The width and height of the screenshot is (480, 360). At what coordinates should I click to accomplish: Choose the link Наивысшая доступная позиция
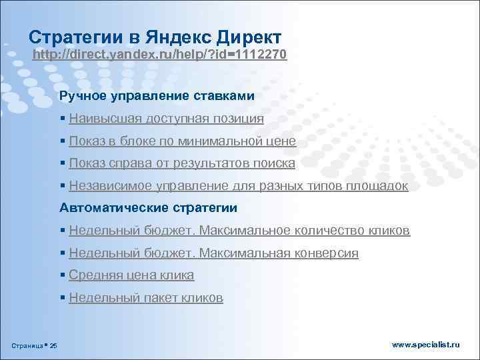[x=166, y=119]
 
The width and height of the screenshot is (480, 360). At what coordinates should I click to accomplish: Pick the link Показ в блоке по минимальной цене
[x=182, y=141]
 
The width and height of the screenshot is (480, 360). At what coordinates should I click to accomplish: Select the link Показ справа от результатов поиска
[x=181, y=163]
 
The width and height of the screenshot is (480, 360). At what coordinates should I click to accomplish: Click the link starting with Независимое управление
[x=238, y=186]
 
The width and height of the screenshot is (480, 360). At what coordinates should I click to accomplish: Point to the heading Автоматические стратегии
[x=148, y=208]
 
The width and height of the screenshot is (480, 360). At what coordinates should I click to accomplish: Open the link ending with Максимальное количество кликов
[x=239, y=231]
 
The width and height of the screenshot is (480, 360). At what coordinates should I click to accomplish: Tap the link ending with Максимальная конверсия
[x=213, y=253]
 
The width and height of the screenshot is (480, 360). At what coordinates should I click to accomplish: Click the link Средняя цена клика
[x=131, y=275]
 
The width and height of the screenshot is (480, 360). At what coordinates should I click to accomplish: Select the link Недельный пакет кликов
[x=146, y=298]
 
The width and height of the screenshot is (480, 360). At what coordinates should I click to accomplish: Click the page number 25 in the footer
[x=54, y=345]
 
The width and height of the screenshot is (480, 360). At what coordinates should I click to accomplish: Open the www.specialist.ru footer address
[x=425, y=344]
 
